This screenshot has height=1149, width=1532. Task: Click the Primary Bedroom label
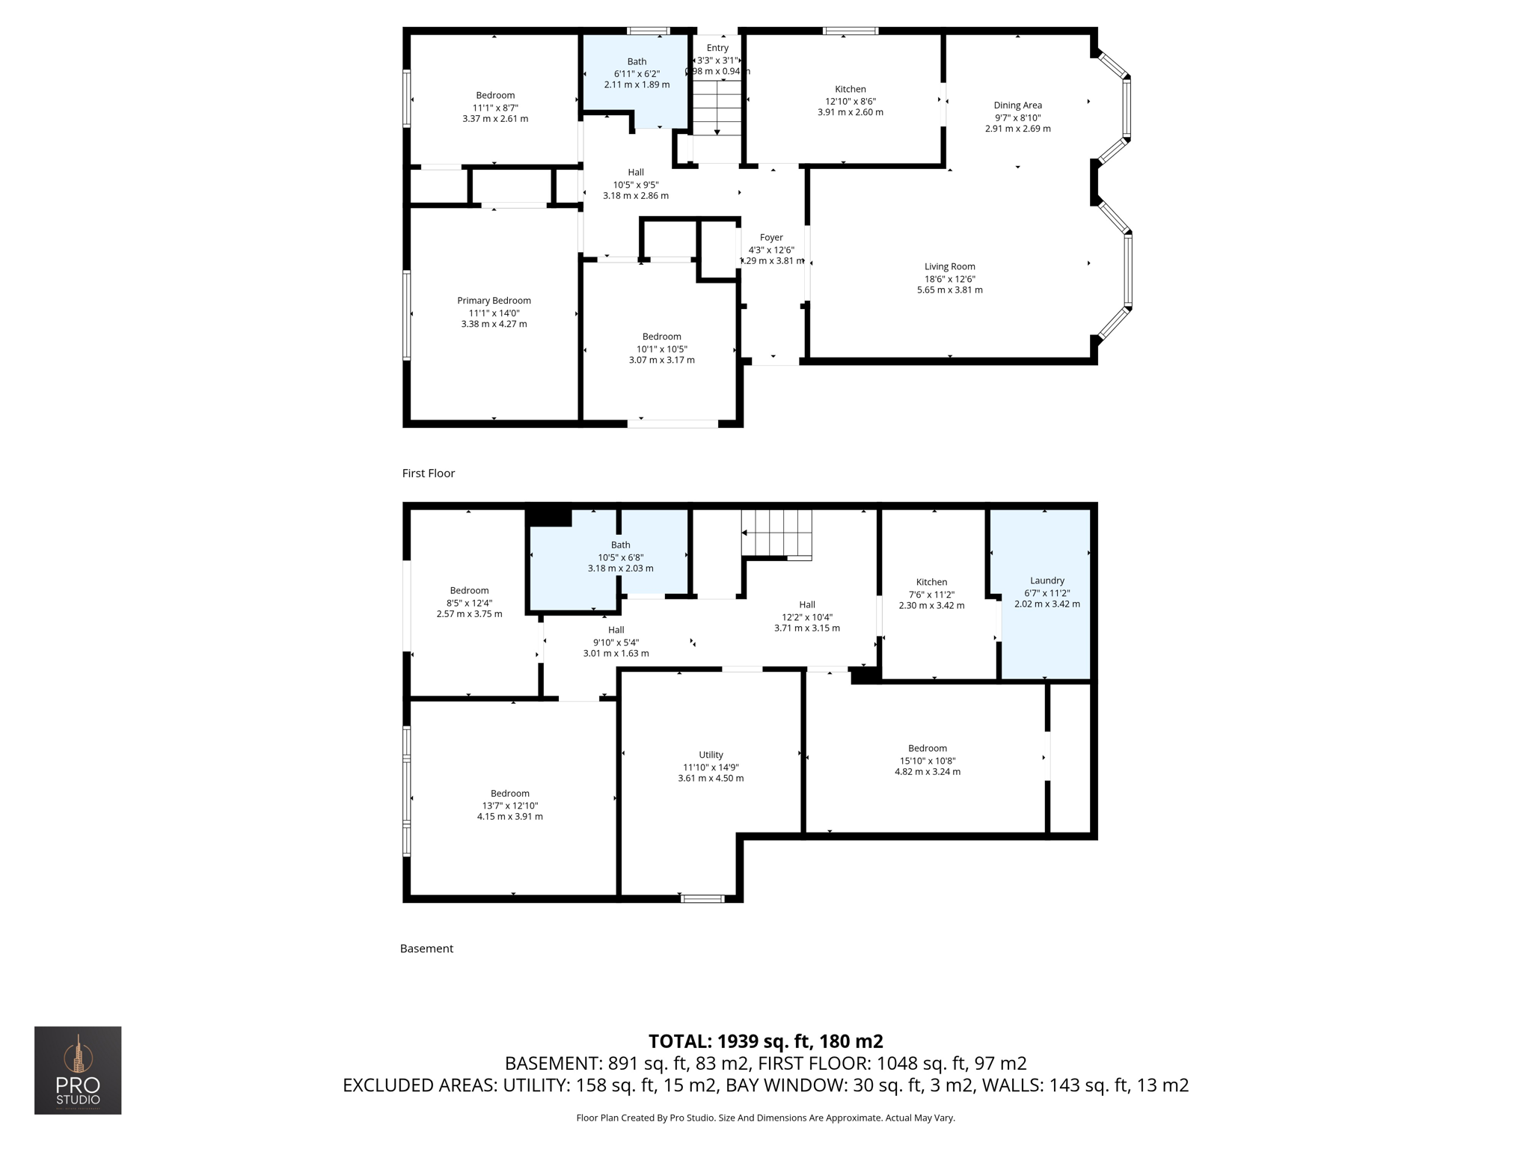point(494,301)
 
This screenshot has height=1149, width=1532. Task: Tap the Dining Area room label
point(1017,105)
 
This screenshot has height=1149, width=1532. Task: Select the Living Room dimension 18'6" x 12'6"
point(949,278)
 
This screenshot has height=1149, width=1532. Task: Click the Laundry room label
point(1047,580)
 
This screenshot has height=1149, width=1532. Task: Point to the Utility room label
point(711,755)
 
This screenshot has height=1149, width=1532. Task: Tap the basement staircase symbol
point(777,534)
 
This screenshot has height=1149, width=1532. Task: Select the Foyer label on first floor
point(771,237)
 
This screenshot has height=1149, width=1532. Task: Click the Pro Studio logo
point(78,1070)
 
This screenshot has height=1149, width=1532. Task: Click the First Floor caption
point(428,473)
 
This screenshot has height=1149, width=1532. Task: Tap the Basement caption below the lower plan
point(426,949)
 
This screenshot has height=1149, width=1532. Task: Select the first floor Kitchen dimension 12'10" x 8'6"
point(850,101)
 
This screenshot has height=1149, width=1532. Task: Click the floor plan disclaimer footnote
point(765,1118)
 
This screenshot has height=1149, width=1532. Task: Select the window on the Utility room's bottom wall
point(702,898)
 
